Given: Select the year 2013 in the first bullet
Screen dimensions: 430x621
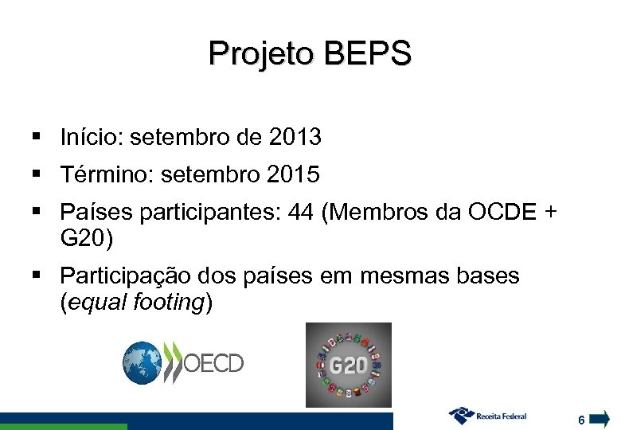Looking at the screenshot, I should pos(295,138).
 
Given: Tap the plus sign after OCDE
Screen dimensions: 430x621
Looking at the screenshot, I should pos(549,213).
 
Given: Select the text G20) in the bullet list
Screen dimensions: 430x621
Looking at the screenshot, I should pos(87,237).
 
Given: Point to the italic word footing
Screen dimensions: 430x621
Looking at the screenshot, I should pos(169,302).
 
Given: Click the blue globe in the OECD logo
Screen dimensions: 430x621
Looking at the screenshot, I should pos(142,363).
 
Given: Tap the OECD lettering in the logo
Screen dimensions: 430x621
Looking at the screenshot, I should pos(213,364).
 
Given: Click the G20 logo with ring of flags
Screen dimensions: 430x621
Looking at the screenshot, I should pos(348,365).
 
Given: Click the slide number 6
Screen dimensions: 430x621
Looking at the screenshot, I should pos(582,420).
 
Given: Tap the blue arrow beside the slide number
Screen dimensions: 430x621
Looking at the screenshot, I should pos(601,418).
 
